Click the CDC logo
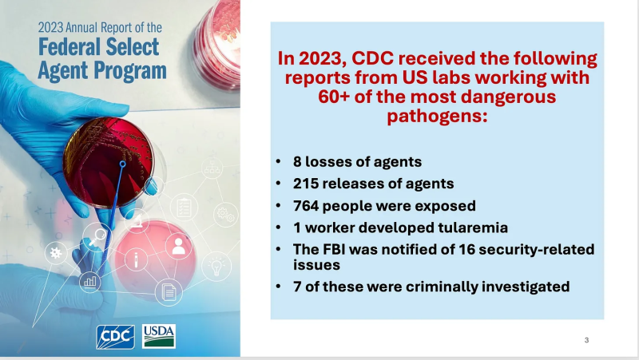[115, 337]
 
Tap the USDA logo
[159, 336]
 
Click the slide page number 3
[586, 340]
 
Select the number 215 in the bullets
[306, 184]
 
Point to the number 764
[306, 206]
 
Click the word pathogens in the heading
[437, 117]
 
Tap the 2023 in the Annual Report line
[50, 28]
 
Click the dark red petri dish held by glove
[109, 163]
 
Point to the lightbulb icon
[216, 267]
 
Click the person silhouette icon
[178, 247]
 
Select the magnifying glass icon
[97, 236]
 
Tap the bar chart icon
[89, 281]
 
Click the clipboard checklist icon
[184, 208]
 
